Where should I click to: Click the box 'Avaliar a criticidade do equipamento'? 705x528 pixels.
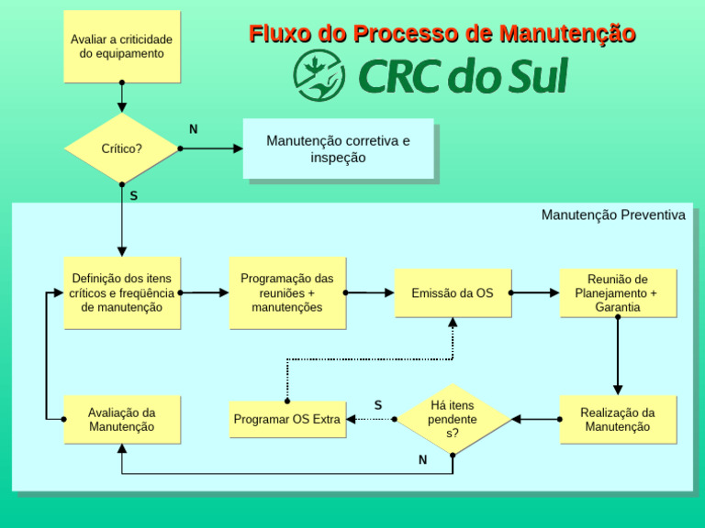point(121,46)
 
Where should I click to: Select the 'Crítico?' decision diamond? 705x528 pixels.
point(121,148)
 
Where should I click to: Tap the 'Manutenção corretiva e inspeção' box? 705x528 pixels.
point(338,148)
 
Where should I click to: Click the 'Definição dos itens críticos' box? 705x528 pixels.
point(121,292)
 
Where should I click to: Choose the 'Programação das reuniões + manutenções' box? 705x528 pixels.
point(287,292)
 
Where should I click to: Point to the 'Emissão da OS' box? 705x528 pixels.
point(453,292)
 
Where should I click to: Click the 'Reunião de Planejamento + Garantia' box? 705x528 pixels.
point(618,292)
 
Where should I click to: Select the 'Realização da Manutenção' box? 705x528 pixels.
point(618,419)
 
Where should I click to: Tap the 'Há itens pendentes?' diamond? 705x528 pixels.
point(453,419)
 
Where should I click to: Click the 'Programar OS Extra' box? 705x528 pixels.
point(287,419)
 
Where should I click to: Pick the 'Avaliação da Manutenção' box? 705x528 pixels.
point(121,419)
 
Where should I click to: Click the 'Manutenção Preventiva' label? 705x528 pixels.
point(612,214)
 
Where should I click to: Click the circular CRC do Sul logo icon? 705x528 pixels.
point(319,75)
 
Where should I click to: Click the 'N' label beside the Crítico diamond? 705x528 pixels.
point(193,129)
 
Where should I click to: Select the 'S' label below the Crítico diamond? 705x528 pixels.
point(134,195)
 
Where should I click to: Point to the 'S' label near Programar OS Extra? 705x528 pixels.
point(378,404)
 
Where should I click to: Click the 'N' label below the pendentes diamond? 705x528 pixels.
point(422,460)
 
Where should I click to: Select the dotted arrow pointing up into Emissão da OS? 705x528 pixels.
point(453,339)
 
